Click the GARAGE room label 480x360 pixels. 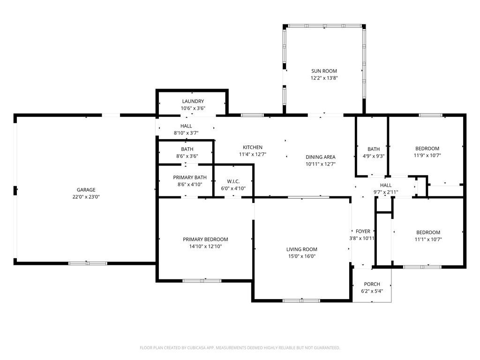pyautogui.click(x=86, y=190)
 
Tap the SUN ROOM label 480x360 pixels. pyautogui.click(x=324, y=71)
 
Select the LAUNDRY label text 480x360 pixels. pyautogui.click(x=193, y=101)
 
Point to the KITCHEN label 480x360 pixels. pyautogui.click(x=253, y=147)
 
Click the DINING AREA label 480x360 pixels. pyautogui.click(x=321, y=157)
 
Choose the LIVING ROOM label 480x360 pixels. pyautogui.click(x=302, y=249)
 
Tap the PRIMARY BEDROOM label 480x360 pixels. pyautogui.click(x=205, y=240)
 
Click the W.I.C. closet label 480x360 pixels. pyautogui.click(x=233, y=181)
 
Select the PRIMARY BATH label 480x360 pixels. pyautogui.click(x=190, y=178)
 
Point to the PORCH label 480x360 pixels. pyautogui.click(x=372, y=284)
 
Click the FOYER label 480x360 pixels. pyautogui.click(x=363, y=232)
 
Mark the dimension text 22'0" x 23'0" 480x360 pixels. pyautogui.click(x=86, y=197)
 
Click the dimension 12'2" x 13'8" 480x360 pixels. pyautogui.click(x=324, y=78)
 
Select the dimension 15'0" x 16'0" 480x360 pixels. pyautogui.click(x=302, y=256)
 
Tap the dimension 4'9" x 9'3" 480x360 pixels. pyautogui.click(x=374, y=156)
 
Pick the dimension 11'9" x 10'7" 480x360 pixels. pyautogui.click(x=427, y=156)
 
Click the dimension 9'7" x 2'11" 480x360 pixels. pyautogui.click(x=386, y=192)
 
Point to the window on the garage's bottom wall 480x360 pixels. pyautogui.click(x=88, y=263)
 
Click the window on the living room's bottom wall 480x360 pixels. pyautogui.click(x=301, y=300)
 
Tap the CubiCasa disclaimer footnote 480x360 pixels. pyautogui.click(x=240, y=348)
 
